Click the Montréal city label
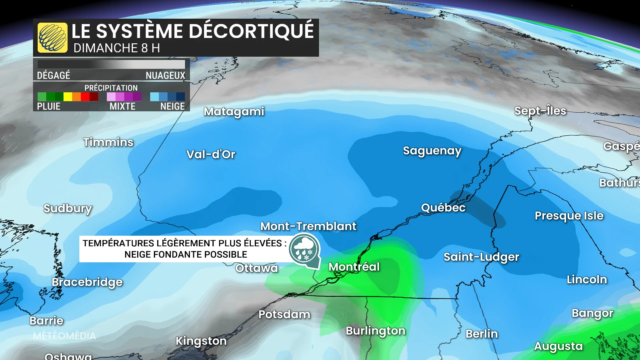[354, 267]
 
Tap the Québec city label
[443, 208]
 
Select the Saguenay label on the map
[432, 151]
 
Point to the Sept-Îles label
[540, 111]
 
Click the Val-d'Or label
[211, 154]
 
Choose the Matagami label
[234, 112]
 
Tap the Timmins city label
[108, 142]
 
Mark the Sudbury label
[68, 209]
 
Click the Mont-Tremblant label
[308, 226]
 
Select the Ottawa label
[256, 268]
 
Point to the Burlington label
[375, 331]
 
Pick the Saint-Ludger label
[481, 257]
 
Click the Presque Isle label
[569, 216]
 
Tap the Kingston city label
[201, 341]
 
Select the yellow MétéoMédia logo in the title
[52, 38]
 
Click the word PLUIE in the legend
[49, 107]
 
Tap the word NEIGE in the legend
[172, 107]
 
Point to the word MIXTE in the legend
[122, 107]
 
